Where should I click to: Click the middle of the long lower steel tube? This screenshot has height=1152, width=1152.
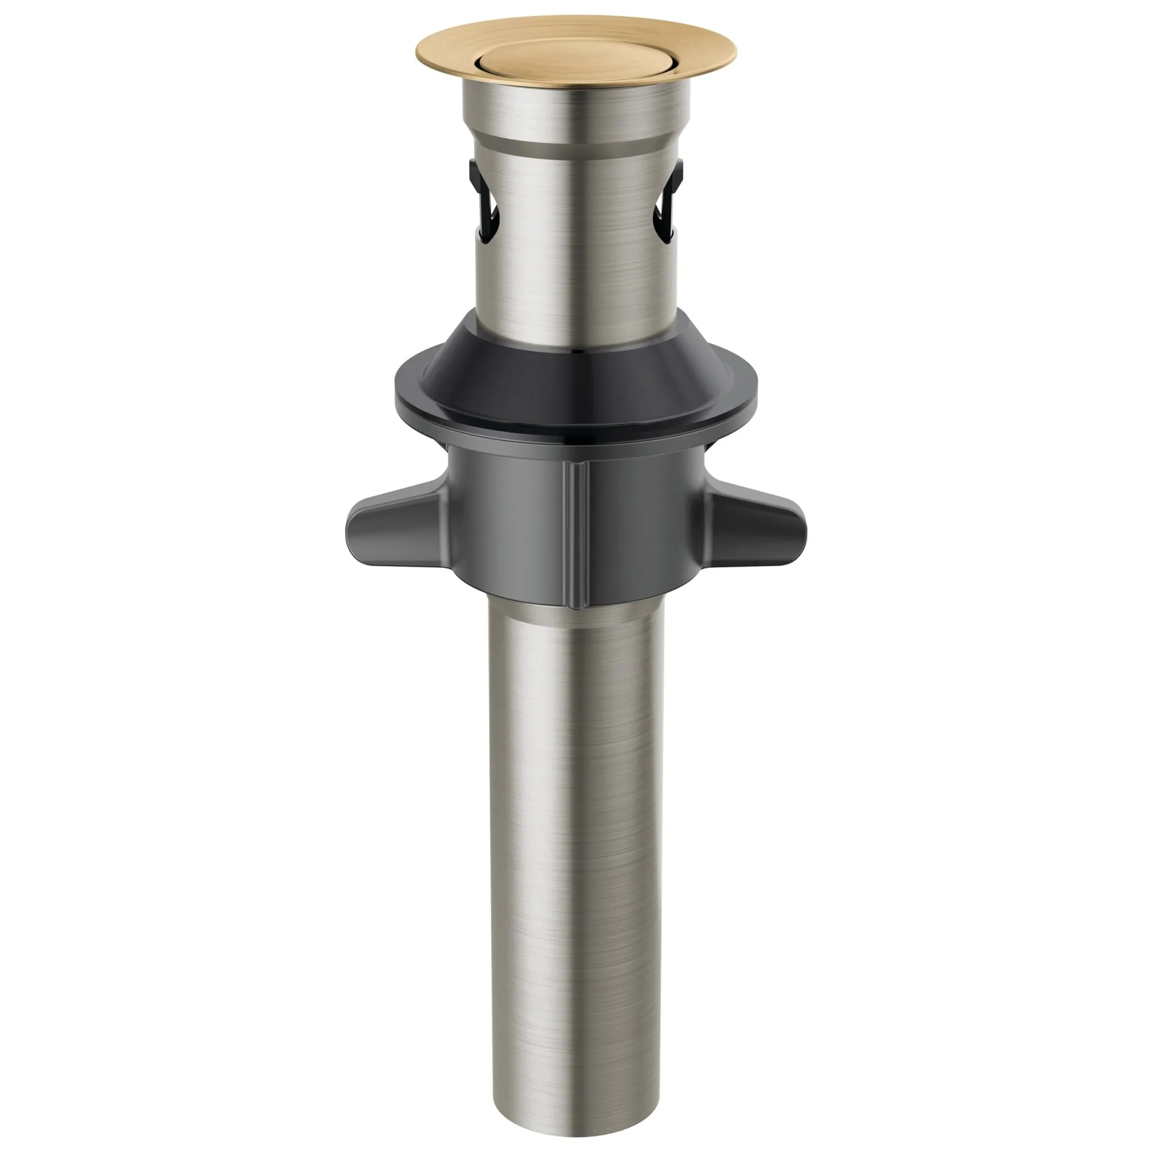point(575,835)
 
